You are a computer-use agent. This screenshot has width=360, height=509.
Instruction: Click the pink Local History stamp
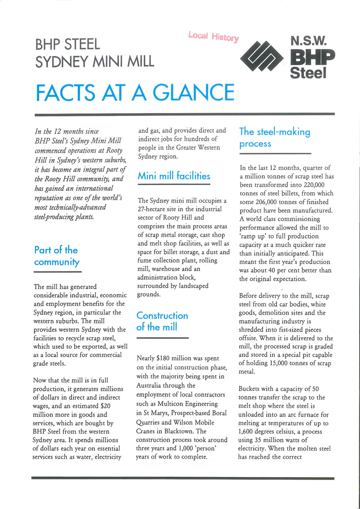click(x=213, y=36)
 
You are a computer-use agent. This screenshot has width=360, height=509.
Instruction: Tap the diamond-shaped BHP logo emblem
click(x=262, y=56)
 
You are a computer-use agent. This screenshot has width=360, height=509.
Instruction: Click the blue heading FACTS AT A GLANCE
click(x=135, y=93)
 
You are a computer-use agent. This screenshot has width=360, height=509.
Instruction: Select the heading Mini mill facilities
click(x=174, y=176)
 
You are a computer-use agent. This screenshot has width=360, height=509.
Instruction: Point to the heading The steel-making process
click(x=275, y=138)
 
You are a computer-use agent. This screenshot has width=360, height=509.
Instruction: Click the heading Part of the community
click(x=57, y=256)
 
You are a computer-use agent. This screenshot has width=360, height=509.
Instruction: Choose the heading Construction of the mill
click(x=162, y=321)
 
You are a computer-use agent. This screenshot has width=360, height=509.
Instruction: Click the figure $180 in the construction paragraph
click(x=164, y=358)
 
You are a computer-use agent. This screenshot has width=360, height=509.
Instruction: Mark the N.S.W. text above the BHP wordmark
click(x=308, y=41)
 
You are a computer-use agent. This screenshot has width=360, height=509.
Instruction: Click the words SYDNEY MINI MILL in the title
click(x=95, y=61)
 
